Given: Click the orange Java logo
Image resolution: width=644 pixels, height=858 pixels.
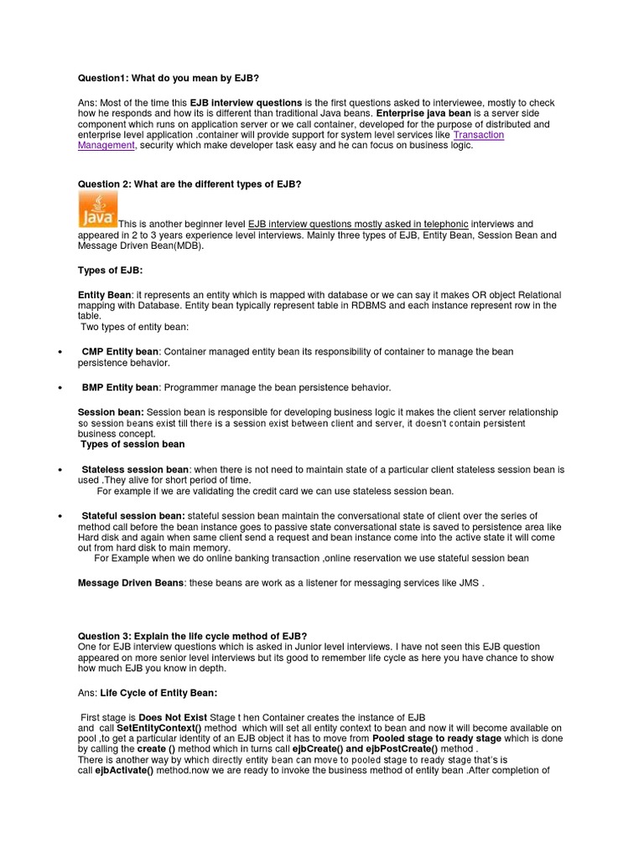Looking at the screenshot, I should point(97,209).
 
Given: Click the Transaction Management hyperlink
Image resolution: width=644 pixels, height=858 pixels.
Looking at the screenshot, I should point(478,135).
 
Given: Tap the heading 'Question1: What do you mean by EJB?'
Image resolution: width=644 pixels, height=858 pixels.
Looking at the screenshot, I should point(162,78).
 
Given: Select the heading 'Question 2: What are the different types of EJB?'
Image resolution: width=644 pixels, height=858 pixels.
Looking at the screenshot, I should point(189,183).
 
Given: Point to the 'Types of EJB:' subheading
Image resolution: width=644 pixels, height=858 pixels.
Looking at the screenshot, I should point(110,270).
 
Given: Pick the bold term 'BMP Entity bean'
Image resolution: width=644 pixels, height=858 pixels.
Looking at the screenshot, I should point(120,387).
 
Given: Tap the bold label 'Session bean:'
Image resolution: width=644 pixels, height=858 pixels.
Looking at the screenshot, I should point(111,412).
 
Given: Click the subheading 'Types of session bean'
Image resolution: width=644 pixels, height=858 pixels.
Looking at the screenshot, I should point(132,444).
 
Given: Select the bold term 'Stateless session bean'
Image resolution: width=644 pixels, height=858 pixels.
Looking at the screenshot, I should point(135,469).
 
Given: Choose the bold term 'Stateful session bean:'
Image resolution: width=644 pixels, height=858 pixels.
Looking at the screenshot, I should point(133,515).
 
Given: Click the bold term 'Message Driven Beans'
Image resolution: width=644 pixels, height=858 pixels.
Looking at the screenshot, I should point(130,582).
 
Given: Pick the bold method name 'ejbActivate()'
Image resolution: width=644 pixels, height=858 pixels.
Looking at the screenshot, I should point(124,769).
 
